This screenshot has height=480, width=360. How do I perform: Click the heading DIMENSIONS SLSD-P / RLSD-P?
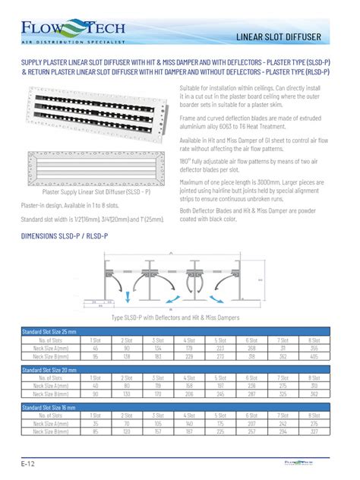click(x=64, y=236)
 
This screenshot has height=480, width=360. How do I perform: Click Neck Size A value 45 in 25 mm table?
click(x=95, y=348)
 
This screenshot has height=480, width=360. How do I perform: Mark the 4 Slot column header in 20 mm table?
click(x=189, y=377)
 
